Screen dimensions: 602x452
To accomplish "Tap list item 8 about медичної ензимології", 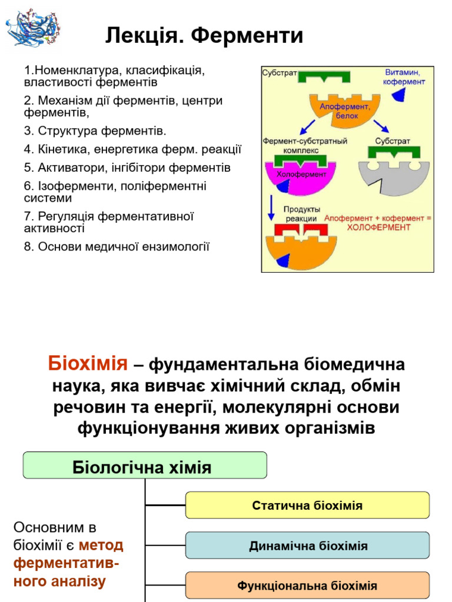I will coord(117,246).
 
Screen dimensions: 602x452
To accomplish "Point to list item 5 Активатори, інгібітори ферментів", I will coord(127,168).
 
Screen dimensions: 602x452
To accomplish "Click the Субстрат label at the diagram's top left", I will coord(280,75).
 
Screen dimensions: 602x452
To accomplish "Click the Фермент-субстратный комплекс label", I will coord(305,145).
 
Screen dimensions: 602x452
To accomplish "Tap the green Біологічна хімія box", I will coord(145,466).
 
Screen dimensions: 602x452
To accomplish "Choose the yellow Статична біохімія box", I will coord(307,506).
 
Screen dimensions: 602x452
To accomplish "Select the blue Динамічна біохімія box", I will coord(307,546).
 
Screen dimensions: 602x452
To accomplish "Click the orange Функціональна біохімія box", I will coord(307,586).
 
